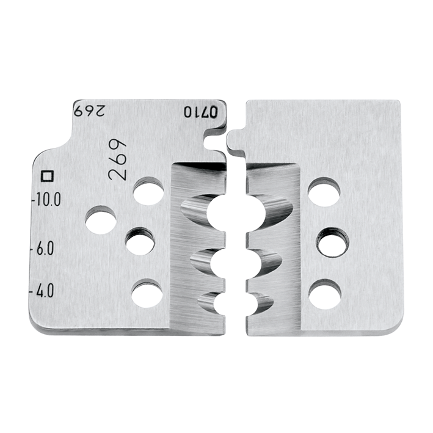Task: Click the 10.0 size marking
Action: (48, 199)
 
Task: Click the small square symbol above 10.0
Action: (46, 176)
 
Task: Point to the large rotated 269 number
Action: (117, 161)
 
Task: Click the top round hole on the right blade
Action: (324, 192)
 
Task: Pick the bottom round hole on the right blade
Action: (325, 294)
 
